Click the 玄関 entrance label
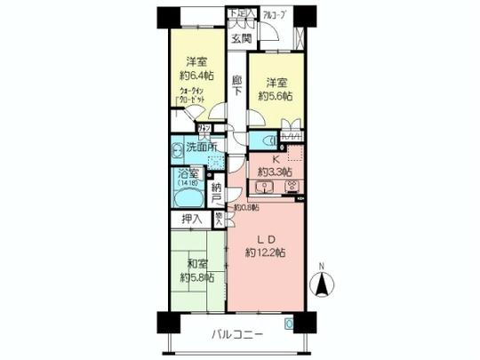coord(242,38)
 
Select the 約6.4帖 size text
coord(196,76)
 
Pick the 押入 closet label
coord(191,219)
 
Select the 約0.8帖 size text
coord(245,208)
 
